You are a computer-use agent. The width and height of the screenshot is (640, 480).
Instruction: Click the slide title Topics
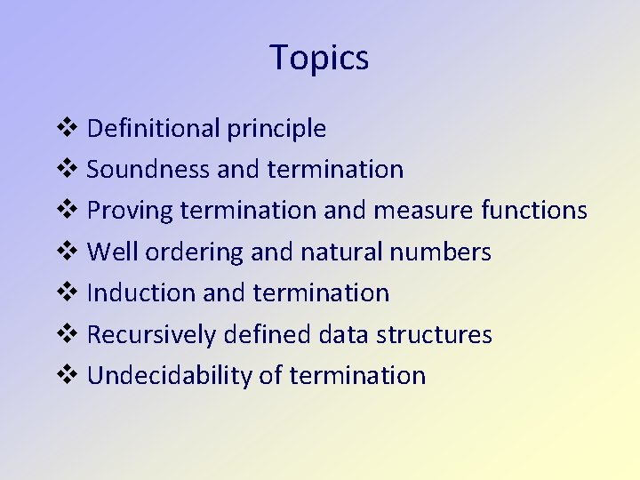[x=319, y=58]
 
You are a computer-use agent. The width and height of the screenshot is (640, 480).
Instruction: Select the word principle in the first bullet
[x=276, y=130]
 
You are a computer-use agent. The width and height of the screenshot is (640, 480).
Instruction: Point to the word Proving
[x=130, y=211]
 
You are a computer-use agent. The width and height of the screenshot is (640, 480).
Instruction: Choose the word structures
[x=434, y=335]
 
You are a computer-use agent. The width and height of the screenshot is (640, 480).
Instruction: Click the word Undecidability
[x=170, y=376]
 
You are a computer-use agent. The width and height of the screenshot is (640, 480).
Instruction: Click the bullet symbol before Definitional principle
[x=68, y=129]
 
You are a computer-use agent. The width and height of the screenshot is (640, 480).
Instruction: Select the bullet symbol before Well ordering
[x=68, y=252]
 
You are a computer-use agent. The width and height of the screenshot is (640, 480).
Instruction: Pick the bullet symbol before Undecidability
[x=68, y=376]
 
